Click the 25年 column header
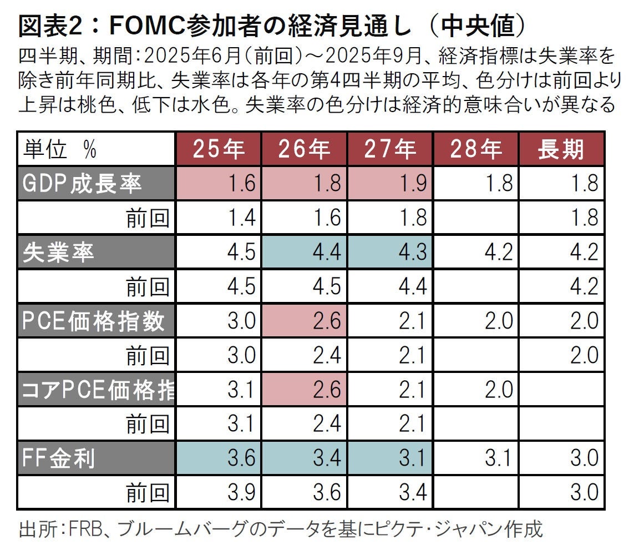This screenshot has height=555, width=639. [x=219, y=149]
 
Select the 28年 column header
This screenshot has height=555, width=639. [x=476, y=149]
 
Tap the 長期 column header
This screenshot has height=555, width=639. [x=561, y=149]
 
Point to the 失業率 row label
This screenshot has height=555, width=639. [x=58, y=253]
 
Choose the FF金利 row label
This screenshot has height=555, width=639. [x=59, y=459]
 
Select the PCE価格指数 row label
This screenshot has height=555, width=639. [x=94, y=321]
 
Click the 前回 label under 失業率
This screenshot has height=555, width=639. [x=148, y=287]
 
